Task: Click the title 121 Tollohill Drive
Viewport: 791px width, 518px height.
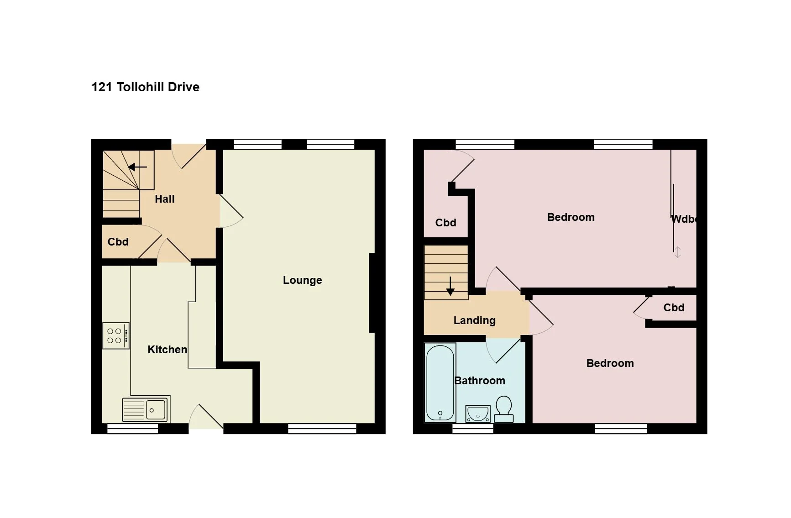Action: point(146,87)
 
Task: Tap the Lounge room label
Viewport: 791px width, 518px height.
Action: point(303,280)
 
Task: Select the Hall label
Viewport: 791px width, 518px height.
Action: point(165,199)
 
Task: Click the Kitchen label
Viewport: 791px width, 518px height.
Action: point(167,350)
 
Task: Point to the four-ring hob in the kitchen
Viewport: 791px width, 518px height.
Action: point(116,336)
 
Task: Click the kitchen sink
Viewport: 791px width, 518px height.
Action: point(146,409)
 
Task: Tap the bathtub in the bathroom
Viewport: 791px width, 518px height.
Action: point(440,383)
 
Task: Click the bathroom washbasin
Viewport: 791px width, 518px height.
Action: point(478,414)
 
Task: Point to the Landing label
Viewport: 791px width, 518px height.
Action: point(475,320)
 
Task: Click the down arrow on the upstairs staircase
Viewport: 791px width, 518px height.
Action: point(451,286)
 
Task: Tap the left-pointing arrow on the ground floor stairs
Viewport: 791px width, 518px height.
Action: point(137,167)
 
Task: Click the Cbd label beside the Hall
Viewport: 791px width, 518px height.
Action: point(118,242)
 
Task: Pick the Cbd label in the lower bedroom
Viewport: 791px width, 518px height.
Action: point(674,308)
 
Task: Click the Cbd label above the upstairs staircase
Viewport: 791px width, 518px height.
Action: point(445,223)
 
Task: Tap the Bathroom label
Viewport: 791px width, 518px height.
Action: point(480,381)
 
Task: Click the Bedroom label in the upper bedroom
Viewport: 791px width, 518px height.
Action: point(571,217)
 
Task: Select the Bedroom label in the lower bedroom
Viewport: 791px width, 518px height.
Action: point(610,363)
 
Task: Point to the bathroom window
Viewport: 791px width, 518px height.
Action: point(473,428)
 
